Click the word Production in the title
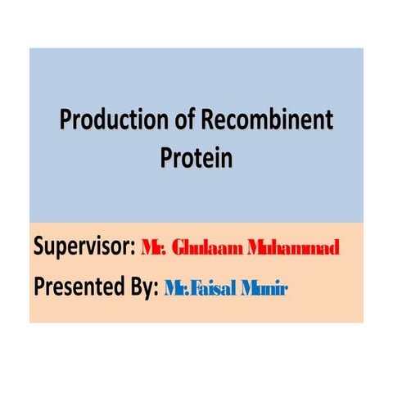104,121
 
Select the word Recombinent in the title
262,121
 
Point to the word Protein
196,156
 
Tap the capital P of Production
65,121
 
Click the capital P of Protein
165,156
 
